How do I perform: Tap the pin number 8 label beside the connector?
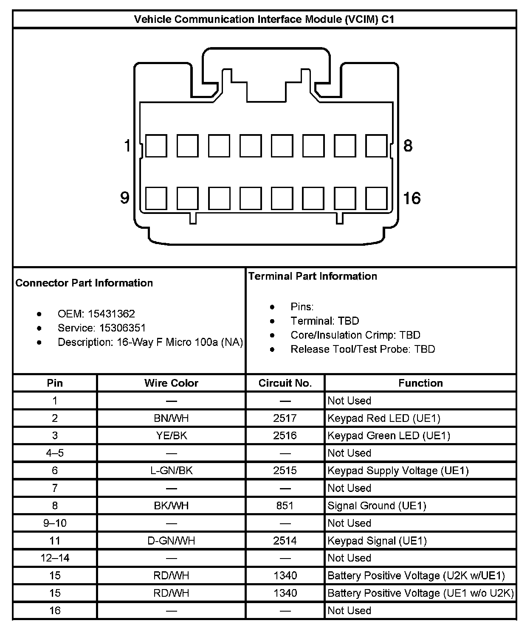tap(408, 146)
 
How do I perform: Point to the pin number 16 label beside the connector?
tap(412, 198)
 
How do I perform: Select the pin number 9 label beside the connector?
tap(124, 198)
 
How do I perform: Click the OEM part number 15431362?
tap(111, 314)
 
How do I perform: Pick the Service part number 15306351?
tap(122, 328)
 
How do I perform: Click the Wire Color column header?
tap(171, 383)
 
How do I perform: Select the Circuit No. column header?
tap(285, 383)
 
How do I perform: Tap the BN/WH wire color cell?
tap(171, 418)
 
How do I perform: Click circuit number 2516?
tap(285, 435)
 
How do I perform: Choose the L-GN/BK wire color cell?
tap(171, 470)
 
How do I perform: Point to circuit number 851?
tap(285, 505)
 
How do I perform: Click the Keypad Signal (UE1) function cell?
tap(377, 541)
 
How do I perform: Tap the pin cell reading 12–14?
tap(55, 558)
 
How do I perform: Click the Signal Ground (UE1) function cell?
tap(377, 505)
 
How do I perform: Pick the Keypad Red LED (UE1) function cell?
tap(384, 418)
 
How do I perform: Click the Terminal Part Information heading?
tap(313, 276)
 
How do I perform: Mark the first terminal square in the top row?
tap(156, 146)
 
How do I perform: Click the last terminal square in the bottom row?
tap(376, 198)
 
